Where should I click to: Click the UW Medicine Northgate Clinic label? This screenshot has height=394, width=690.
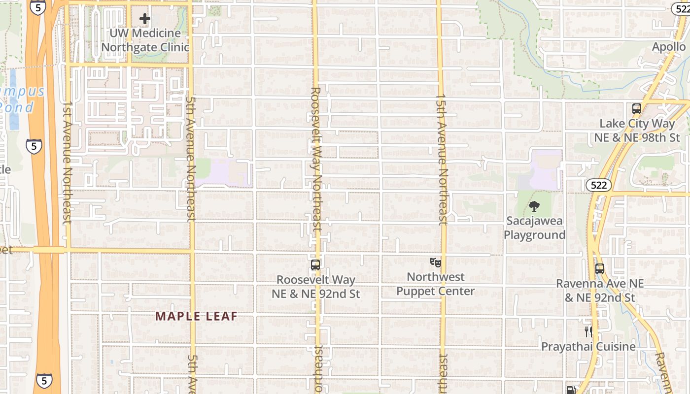145,40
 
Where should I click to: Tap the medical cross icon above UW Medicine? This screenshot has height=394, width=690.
144,19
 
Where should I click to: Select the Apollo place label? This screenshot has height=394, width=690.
669,47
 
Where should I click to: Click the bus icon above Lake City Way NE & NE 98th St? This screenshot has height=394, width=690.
636,109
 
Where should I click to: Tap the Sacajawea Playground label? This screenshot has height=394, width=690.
534,228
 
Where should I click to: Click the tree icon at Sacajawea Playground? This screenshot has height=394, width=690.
534,206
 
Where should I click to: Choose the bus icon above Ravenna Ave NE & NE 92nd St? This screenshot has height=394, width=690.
599,269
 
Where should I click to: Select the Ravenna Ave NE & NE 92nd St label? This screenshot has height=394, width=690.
600,291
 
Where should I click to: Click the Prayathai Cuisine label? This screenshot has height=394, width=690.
588,347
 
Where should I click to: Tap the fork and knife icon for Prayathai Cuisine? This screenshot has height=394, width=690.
588,331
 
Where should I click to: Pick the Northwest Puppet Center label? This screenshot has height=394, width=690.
436,284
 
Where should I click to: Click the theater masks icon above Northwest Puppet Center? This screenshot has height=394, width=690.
435,262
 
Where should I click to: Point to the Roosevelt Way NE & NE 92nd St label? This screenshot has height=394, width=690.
316,287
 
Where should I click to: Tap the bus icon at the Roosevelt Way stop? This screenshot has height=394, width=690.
315,265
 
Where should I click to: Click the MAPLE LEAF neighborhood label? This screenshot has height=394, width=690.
197,316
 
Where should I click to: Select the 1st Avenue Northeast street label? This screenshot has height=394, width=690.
68,163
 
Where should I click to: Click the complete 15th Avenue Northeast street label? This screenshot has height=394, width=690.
442,159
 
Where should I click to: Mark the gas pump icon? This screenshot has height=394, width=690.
571,390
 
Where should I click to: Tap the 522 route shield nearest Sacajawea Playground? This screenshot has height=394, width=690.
599,185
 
